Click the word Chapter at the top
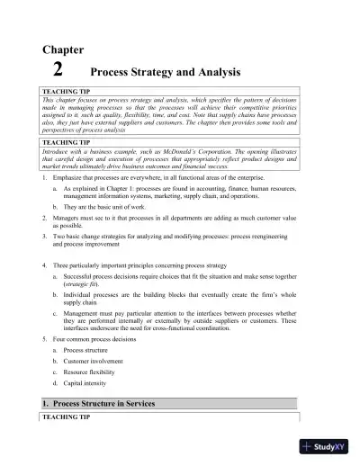(x=64, y=50)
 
